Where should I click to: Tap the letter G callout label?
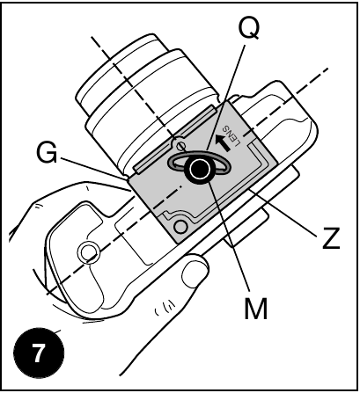click(47, 152)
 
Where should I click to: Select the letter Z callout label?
click(331, 238)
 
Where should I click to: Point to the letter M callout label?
click(256, 309)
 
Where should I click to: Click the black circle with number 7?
click(39, 353)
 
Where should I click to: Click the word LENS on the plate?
click(231, 136)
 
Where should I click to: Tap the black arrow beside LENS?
click(222, 142)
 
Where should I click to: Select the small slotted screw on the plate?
click(181, 144)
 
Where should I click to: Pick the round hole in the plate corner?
click(180, 226)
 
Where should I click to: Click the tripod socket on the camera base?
click(87, 252)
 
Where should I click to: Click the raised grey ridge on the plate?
click(175, 138)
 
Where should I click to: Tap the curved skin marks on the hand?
click(165, 309)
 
